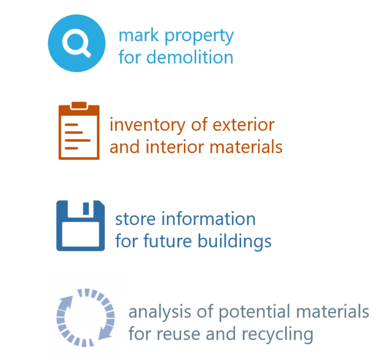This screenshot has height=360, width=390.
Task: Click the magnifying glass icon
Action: [77, 43]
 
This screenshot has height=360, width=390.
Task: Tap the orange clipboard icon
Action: [79, 130]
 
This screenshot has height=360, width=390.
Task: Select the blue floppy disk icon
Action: [80, 224]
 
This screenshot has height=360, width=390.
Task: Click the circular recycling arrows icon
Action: [86, 315]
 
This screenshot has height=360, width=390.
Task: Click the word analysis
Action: [155, 312]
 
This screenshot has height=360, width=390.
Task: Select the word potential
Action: [248, 312]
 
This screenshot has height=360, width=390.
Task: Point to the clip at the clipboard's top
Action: [79, 106]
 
